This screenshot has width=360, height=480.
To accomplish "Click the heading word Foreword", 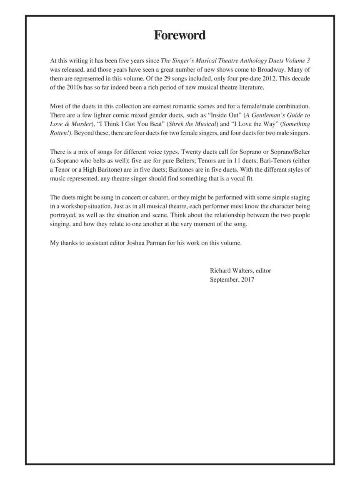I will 180,35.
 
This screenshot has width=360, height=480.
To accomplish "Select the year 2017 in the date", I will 247,280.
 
